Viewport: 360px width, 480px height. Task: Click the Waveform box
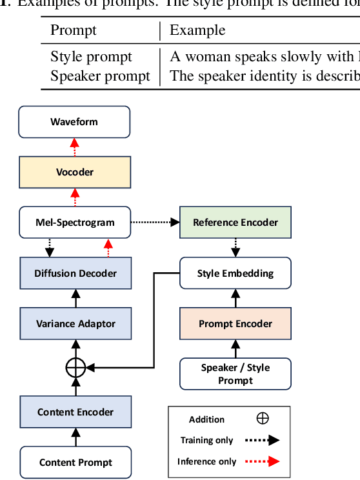click(74, 122)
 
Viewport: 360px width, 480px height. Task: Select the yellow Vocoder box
click(74, 172)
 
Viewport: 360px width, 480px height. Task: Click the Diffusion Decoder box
click(75, 273)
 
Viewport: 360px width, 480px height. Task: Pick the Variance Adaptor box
click(75, 323)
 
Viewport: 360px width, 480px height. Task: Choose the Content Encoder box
click(75, 412)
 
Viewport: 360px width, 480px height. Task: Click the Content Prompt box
click(75, 462)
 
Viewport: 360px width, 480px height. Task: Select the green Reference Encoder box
click(235, 223)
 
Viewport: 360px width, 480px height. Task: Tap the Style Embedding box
click(235, 273)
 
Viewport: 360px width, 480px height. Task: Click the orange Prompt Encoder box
click(235, 323)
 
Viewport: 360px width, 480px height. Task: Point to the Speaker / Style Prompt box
click(235, 374)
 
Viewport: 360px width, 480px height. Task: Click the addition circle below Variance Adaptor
click(75, 367)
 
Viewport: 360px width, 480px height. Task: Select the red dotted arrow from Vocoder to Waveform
click(74, 147)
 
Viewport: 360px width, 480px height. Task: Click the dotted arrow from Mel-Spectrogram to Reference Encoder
click(155, 223)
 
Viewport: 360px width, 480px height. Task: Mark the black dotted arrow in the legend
click(262, 441)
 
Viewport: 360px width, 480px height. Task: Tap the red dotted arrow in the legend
click(262, 461)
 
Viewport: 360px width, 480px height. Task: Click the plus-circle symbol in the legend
click(263, 419)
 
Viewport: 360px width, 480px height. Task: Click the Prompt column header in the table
click(74, 30)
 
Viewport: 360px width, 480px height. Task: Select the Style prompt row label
click(91, 57)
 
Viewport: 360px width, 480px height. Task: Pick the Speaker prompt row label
click(100, 75)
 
